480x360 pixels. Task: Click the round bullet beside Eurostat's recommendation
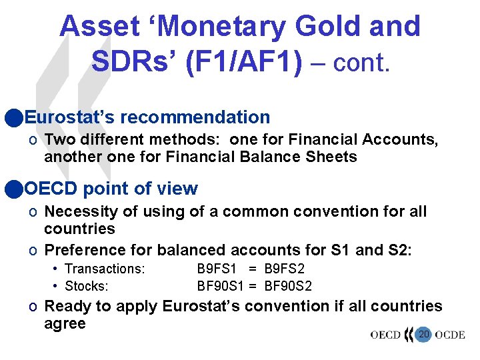(11, 118)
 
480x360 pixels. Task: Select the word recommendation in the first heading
(195, 118)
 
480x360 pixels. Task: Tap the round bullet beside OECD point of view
(11, 189)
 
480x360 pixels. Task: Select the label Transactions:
(105, 269)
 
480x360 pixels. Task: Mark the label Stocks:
(87, 286)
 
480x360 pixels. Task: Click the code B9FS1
(217, 269)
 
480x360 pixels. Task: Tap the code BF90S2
(289, 286)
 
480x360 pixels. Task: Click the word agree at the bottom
(65, 324)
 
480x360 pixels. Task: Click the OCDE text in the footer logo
(449, 335)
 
